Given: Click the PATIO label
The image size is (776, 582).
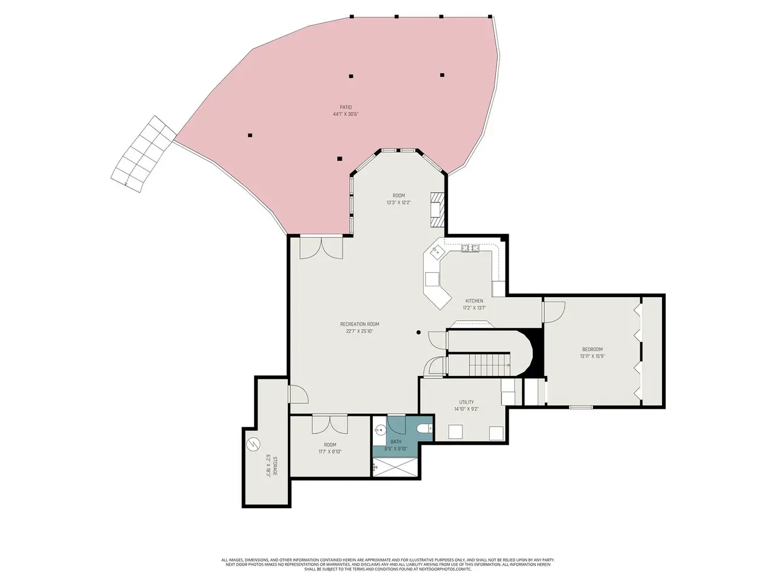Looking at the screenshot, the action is (x=346, y=107).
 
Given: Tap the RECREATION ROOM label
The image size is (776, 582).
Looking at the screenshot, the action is (x=359, y=324).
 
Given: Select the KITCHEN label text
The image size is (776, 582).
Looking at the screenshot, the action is (x=473, y=301).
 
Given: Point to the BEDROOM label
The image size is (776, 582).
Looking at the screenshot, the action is (x=592, y=349).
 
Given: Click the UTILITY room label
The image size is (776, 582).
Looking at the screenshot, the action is (x=466, y=402).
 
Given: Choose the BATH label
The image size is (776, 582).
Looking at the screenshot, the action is (x=396, y=442).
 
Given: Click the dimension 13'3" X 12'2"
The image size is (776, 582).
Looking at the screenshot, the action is (x=398, y=202).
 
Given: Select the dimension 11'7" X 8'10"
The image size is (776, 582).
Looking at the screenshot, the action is (x=330, y=452).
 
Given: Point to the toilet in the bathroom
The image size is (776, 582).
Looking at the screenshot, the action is (x=424, y=429).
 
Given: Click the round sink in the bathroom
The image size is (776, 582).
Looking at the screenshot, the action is (x=380, y=430).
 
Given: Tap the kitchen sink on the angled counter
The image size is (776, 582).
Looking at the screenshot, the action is (x=435, y=252).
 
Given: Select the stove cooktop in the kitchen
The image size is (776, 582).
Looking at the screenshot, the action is (x=470, y=249).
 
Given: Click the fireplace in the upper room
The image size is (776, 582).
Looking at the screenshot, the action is (x=437, y=210).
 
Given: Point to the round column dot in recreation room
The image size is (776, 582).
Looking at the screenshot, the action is (x=418, y=332).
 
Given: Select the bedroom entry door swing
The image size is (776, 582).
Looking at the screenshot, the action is (x=554, y=312).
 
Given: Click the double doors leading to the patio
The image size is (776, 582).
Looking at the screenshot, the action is (x=321, y=248).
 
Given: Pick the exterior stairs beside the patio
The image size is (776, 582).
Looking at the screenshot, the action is (x=144, y=154).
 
